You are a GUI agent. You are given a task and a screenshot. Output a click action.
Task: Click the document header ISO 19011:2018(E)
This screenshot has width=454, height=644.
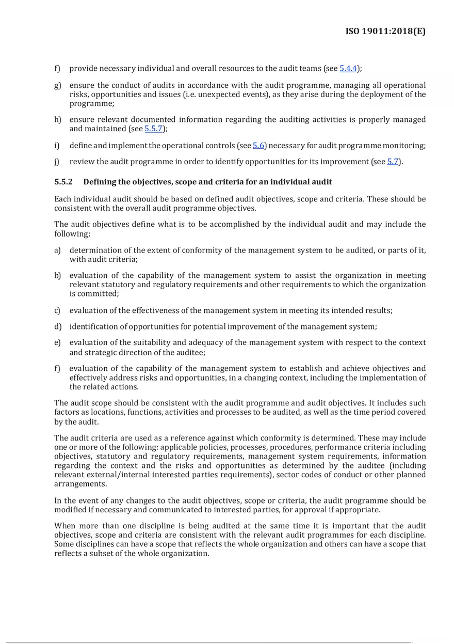coord(385,32)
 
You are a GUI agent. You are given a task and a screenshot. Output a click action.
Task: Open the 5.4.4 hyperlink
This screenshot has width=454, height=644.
coord(348,69)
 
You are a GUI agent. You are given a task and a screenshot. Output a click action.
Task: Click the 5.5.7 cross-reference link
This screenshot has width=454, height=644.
coord(154,129)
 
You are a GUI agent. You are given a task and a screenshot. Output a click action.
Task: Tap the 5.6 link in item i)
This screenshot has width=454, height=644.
coord(258,146)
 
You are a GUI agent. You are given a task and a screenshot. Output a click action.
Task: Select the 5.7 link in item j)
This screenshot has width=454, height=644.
coord(393,162)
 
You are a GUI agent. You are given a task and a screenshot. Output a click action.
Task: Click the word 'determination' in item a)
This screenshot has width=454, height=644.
coord(94,250)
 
